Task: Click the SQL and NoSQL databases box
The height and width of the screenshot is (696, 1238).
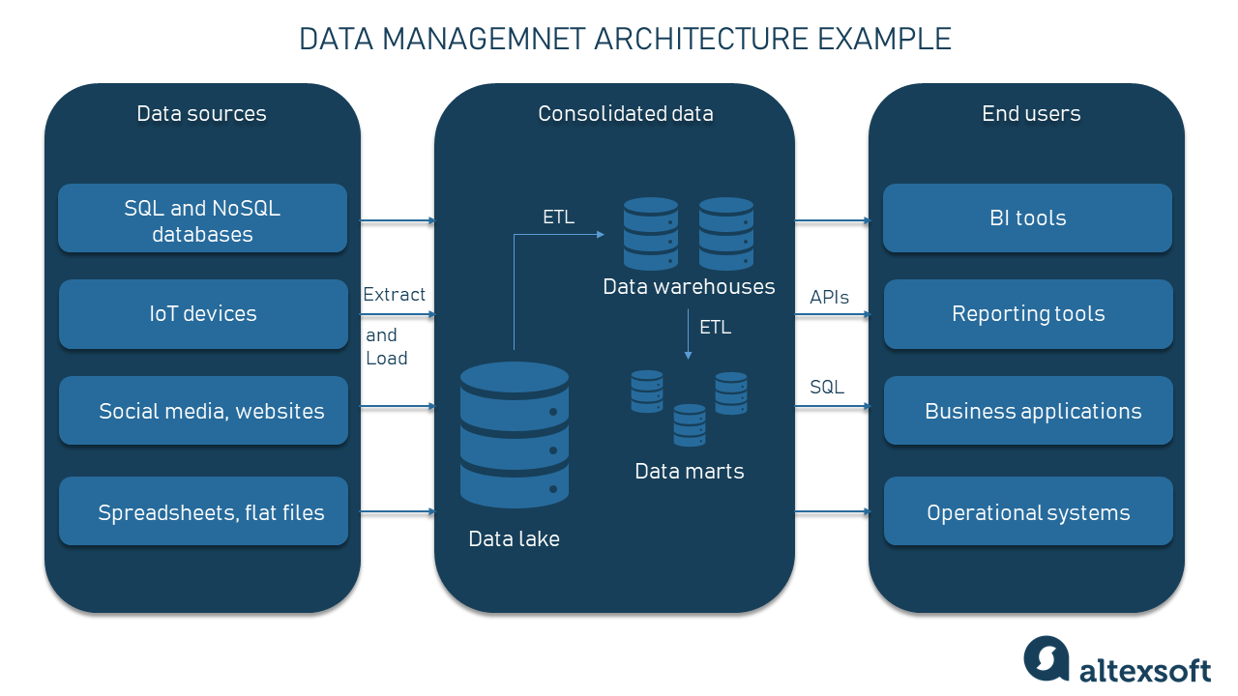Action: (202, 219)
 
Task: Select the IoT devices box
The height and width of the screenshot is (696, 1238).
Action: (202, 314)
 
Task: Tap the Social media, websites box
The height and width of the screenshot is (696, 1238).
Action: (203, 411)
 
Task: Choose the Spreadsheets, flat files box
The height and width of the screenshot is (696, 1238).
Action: (203, 511)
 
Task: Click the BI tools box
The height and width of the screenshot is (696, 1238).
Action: (1027, 218)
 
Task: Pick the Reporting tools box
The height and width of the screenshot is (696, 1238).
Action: (1027, 314)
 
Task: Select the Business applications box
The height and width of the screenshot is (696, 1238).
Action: (1027, 411)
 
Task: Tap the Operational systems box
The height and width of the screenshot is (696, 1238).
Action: (1027, 512)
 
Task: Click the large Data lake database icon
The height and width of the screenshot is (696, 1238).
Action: (515, 434)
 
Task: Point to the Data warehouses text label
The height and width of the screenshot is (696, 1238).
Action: (689, 287)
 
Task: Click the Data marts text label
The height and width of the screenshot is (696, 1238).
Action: (689, 472)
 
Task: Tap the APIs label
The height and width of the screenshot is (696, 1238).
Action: (829, 298)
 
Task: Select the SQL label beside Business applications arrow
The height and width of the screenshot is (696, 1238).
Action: (827, 387)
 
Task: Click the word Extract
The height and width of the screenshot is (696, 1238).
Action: (394, 295)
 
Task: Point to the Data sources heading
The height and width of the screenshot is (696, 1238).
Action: (201, 114)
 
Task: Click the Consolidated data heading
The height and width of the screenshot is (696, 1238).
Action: (625, 114)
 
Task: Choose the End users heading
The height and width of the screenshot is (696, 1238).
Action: (1031, 114)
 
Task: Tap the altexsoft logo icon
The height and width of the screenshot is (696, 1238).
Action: (1046, 659)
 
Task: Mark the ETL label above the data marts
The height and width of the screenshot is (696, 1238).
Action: (715, 328)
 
